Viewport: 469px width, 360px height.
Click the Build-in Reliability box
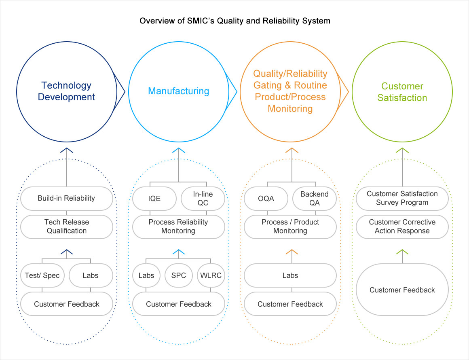(66, 198)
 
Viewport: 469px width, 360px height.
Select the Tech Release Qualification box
(66, 227)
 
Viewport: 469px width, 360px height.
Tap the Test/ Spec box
(42, 275)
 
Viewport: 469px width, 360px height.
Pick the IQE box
(154, 198)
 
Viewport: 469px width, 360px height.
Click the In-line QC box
(203, 198)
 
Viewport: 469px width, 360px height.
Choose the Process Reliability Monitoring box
(178, 227)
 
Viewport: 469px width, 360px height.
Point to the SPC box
(178, 275)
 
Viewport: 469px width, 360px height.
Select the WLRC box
(211, 275)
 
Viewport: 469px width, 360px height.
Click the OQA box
(266, 198)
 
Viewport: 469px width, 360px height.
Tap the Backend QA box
(314, 198)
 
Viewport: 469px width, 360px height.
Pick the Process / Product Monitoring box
(290, 227)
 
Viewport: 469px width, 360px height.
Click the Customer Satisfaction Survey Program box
(402, 198)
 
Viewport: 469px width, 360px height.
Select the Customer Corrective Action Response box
(402, 227)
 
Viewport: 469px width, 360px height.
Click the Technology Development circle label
(66, 91)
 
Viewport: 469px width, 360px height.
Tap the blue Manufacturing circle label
(178, 91)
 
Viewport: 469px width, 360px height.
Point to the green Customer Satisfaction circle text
(402, 92)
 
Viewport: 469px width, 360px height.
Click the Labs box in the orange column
(290, 275)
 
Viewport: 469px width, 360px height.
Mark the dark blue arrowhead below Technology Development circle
(67, 150)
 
